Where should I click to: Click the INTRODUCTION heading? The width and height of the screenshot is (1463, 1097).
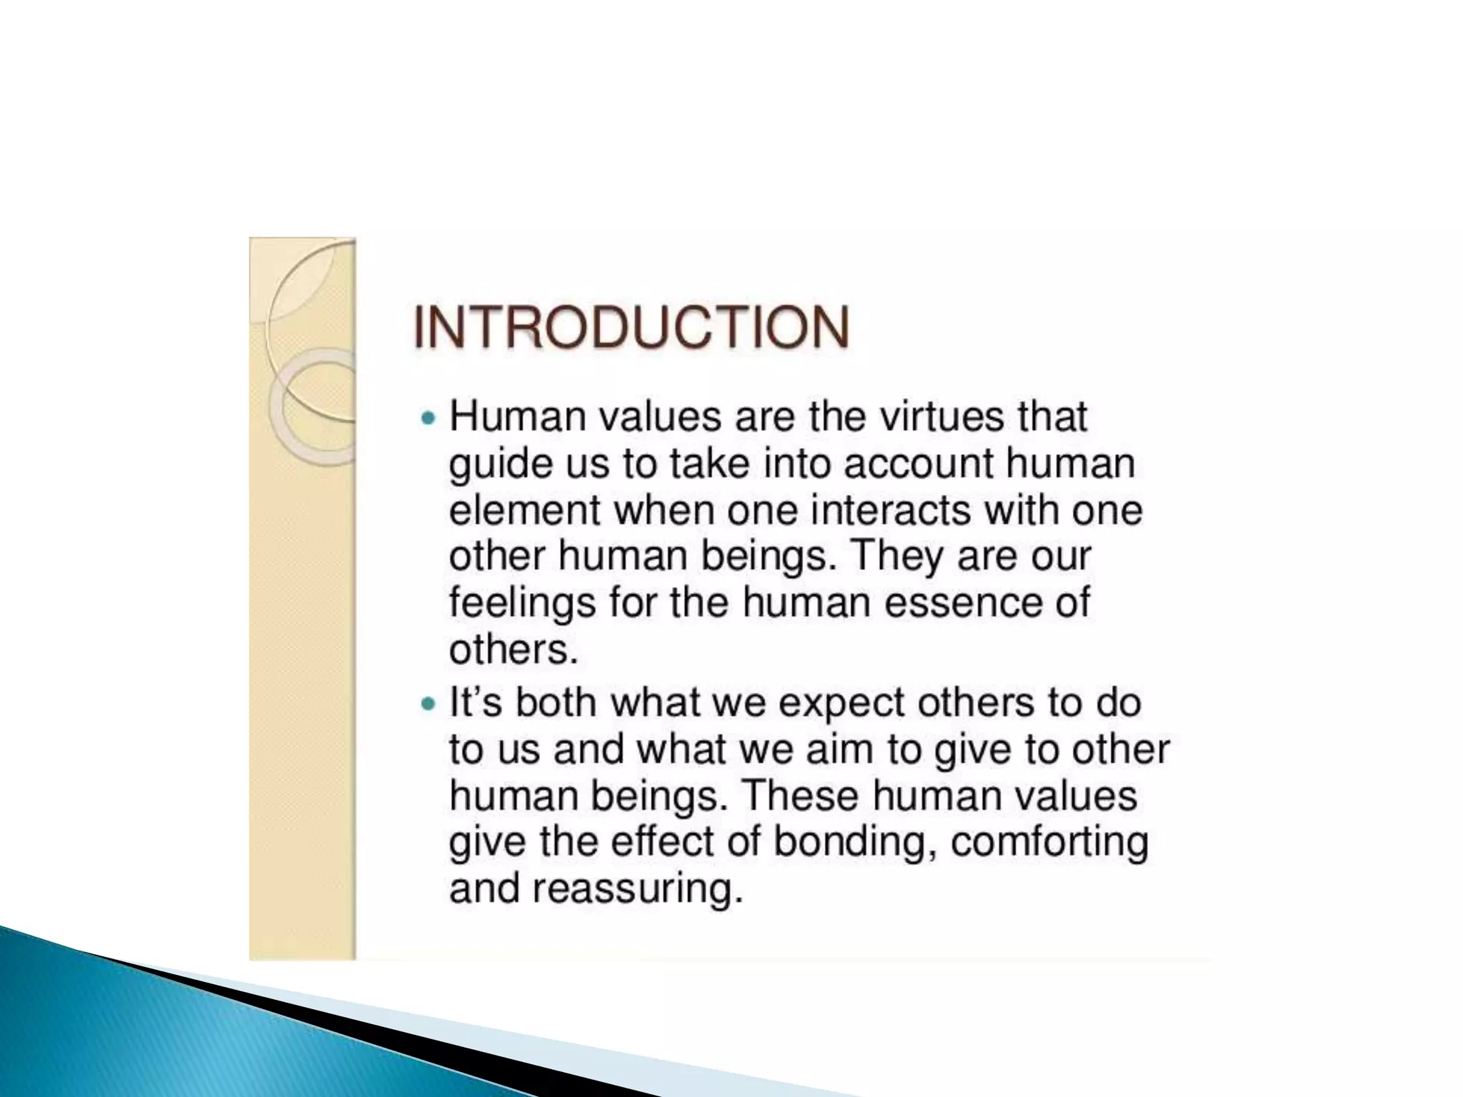point(631,327)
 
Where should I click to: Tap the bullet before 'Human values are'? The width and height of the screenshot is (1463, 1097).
point(428,419)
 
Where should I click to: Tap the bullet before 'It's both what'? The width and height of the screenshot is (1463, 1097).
point(428,704)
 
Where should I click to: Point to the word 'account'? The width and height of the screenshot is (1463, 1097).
point(918,464)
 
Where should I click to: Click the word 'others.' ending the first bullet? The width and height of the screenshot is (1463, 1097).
point(512,649)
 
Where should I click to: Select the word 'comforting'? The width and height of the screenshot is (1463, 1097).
point(1049,843)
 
